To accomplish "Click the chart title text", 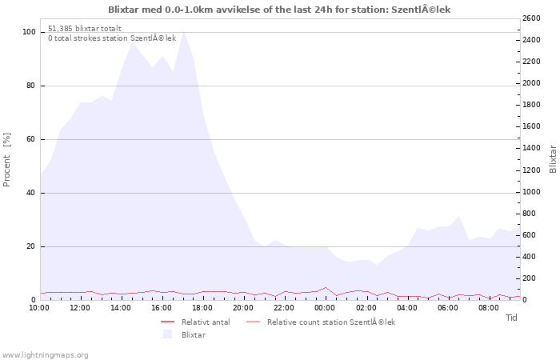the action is pyautogui.click(x=279, y=10).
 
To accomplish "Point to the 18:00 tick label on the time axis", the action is pyautogui.click(x=202, y=308).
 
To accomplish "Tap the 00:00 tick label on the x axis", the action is pyautogui.click(x=325, y=308).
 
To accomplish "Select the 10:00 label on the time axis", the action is pyautogui.click(x=39, y=308).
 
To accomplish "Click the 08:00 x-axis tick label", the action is pyautogui.click(x=489, y=308).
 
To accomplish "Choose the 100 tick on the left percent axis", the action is pyautogui.click(x=29, y=32).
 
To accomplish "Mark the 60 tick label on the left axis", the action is pyautogui.click(x=30, y=139).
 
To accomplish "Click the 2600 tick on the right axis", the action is pyautogui.click(x=531, y=18).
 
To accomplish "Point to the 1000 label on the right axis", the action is pyautogui.click(x=531, y=192).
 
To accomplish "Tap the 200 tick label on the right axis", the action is pyautogui.click(x=530, y=278).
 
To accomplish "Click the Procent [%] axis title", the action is pyautogui.click(x=6, y=160).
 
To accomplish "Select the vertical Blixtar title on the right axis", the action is pyautogui.click(x=553, y=159).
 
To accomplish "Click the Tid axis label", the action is pyautogui.click(x=511, y=318).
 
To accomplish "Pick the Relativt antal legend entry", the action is pyautogui.click(x=195, y=322).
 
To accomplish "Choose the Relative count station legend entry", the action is pyautogui.click(x=321, y=322).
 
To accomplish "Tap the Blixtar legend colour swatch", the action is pyautogui.click(x=167, y=334).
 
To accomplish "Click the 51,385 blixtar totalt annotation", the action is pyautogui.click(x=85, y=29).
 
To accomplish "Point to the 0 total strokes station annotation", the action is pyautogui.click(x=112, y=38).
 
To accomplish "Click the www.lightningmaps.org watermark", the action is pyautogui.click(x=44, y=355).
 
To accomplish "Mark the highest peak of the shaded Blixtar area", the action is pyautogui.click(x=183, y=30).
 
